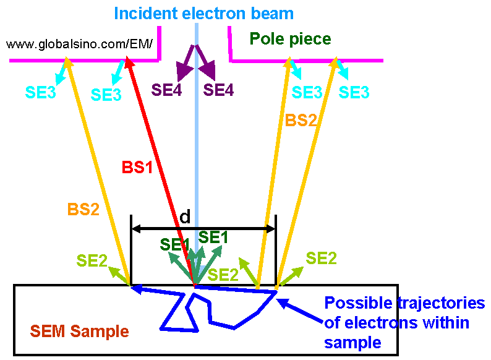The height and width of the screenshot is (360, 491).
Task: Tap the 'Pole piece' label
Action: click(290, 39)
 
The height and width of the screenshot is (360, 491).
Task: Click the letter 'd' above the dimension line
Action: click(185, 216)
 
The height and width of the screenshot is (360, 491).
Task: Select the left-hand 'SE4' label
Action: click(166, 90)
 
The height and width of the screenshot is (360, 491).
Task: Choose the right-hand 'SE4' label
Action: click(219, 90)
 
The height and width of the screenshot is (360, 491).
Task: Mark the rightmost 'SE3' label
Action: click(354, 92)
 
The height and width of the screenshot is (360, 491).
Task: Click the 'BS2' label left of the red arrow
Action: click(84, 210)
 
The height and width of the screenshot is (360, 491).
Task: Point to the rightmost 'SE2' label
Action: click(322, 258)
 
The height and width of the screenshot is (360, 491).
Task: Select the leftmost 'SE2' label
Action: click(92, 261)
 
